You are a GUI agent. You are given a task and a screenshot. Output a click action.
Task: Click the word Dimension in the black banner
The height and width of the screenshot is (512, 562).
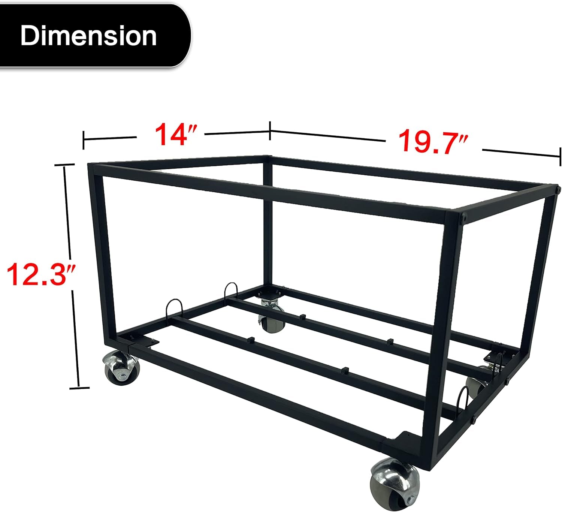point(88,36)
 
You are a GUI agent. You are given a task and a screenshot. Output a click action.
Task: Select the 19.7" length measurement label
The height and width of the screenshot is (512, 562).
point(433,142)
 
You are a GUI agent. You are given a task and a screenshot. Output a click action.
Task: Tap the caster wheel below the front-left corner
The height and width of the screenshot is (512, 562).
point(121,367)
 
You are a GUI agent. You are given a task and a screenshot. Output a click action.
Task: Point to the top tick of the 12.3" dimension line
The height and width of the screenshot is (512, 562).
point(64,165)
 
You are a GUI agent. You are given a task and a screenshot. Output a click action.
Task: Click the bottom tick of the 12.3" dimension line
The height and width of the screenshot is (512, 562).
point(79,388)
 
